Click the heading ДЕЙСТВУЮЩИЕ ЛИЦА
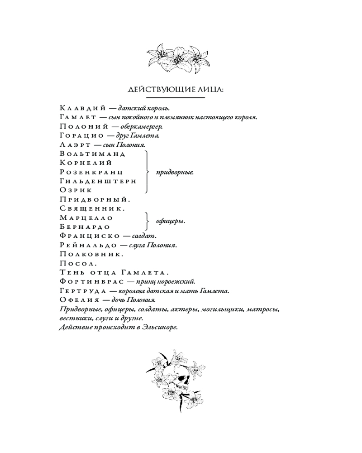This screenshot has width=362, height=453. tap(176, 90)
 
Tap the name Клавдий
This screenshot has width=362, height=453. tap(83, 108)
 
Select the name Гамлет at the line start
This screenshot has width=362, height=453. tap(78, 117)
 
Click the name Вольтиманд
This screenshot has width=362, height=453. tap(92, 154)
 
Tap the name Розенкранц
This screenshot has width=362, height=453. tap(91, 172)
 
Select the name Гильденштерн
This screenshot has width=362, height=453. tap(98, 181)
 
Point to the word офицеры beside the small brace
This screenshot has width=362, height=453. tap(170, 222)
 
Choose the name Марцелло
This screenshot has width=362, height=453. tap(86, 217)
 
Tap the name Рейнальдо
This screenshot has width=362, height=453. tap(88, 245)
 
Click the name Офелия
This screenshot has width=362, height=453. tap(81, 300)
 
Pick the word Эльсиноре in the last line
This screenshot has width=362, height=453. tap(159, 328)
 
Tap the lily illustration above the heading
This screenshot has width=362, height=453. tap(178, 59)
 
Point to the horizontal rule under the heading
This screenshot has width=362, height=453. tap(176, 97)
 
